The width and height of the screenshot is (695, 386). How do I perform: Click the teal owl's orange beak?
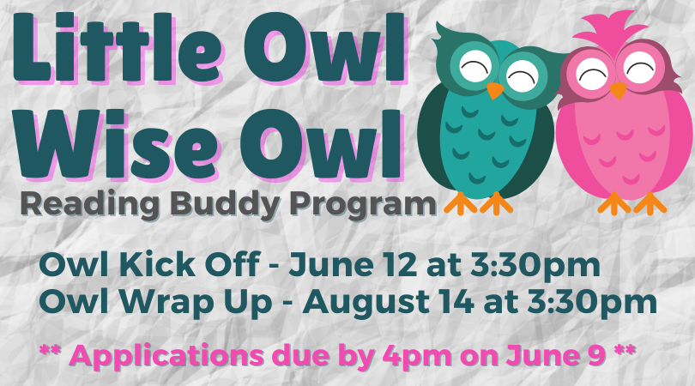pos(495,89)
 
